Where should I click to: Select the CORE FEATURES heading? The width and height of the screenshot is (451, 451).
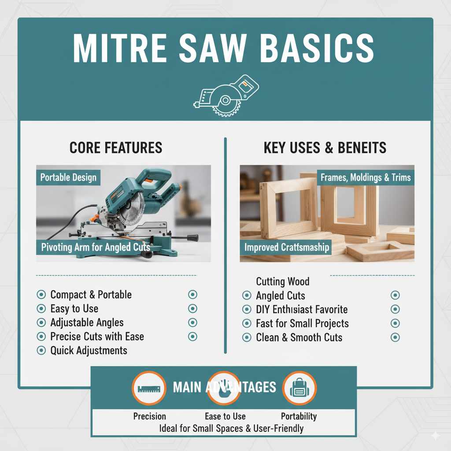point(116,148)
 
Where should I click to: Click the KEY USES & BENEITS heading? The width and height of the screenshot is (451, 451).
point(325,148)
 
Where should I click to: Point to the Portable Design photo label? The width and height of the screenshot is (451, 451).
point(68,177)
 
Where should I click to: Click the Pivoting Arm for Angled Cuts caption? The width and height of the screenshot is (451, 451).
point(96,247)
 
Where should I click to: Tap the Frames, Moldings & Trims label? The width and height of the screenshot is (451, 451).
point(366,177)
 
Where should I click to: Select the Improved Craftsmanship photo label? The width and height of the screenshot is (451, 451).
point(287,247)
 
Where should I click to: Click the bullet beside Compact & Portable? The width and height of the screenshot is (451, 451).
point(41,295)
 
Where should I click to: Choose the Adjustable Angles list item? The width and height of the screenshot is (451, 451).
point(87,322)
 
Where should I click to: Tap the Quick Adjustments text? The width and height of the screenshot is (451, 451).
point(89,351)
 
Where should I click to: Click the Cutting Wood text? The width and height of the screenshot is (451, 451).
point(282,281)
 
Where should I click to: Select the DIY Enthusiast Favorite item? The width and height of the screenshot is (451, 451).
point(302,309)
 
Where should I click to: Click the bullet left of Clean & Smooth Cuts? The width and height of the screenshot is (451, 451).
point(247,338)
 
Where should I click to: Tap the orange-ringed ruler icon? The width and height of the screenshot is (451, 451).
point(148,388)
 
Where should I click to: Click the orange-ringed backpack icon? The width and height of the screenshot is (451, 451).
point(299,388)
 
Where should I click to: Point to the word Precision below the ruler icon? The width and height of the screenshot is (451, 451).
point(150,416)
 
